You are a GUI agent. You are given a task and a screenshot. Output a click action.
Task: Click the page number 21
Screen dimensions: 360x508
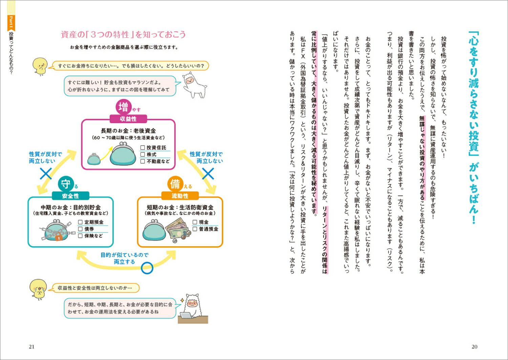(x=31, y=346)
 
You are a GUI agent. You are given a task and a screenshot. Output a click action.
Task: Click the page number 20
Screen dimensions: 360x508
(x=474, y=346)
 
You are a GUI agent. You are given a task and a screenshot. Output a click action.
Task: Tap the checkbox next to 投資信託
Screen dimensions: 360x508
(x=143, y=148)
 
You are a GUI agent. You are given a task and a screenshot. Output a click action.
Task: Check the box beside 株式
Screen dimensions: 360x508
(x=143, y=154)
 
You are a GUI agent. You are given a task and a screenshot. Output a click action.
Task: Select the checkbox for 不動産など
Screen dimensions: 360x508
(x=143, y=161)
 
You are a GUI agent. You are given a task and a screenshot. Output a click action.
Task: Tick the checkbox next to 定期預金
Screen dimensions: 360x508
(x=80, y=222)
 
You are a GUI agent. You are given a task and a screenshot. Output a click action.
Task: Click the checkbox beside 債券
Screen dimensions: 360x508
(x=80, y=229)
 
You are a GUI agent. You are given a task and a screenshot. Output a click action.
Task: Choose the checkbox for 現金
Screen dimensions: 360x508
(x=195, y=222)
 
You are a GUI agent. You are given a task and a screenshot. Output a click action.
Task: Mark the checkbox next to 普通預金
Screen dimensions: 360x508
(x=195, y=229)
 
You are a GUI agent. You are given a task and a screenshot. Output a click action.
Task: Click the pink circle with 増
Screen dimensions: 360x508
(x=123, y=107)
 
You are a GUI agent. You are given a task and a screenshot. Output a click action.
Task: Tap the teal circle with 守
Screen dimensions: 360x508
(x=65, y=184)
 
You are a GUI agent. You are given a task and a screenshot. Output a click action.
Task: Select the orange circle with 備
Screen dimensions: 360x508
(x=175, y=184)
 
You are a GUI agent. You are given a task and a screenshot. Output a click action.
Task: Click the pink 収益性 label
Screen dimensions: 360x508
(x=128, y=119)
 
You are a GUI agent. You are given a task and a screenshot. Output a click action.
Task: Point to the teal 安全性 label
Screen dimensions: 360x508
(x=70, y=196)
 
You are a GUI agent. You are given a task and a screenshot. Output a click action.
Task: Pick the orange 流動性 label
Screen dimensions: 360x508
(x=180, y=196)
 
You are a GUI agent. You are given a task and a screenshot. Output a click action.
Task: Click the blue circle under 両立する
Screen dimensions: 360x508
(x=147, y=268)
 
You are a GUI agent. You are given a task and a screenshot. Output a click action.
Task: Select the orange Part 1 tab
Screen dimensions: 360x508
(x=11, y=22)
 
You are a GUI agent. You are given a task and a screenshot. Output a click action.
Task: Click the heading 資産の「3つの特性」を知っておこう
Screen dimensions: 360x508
(x=123, y=35)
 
